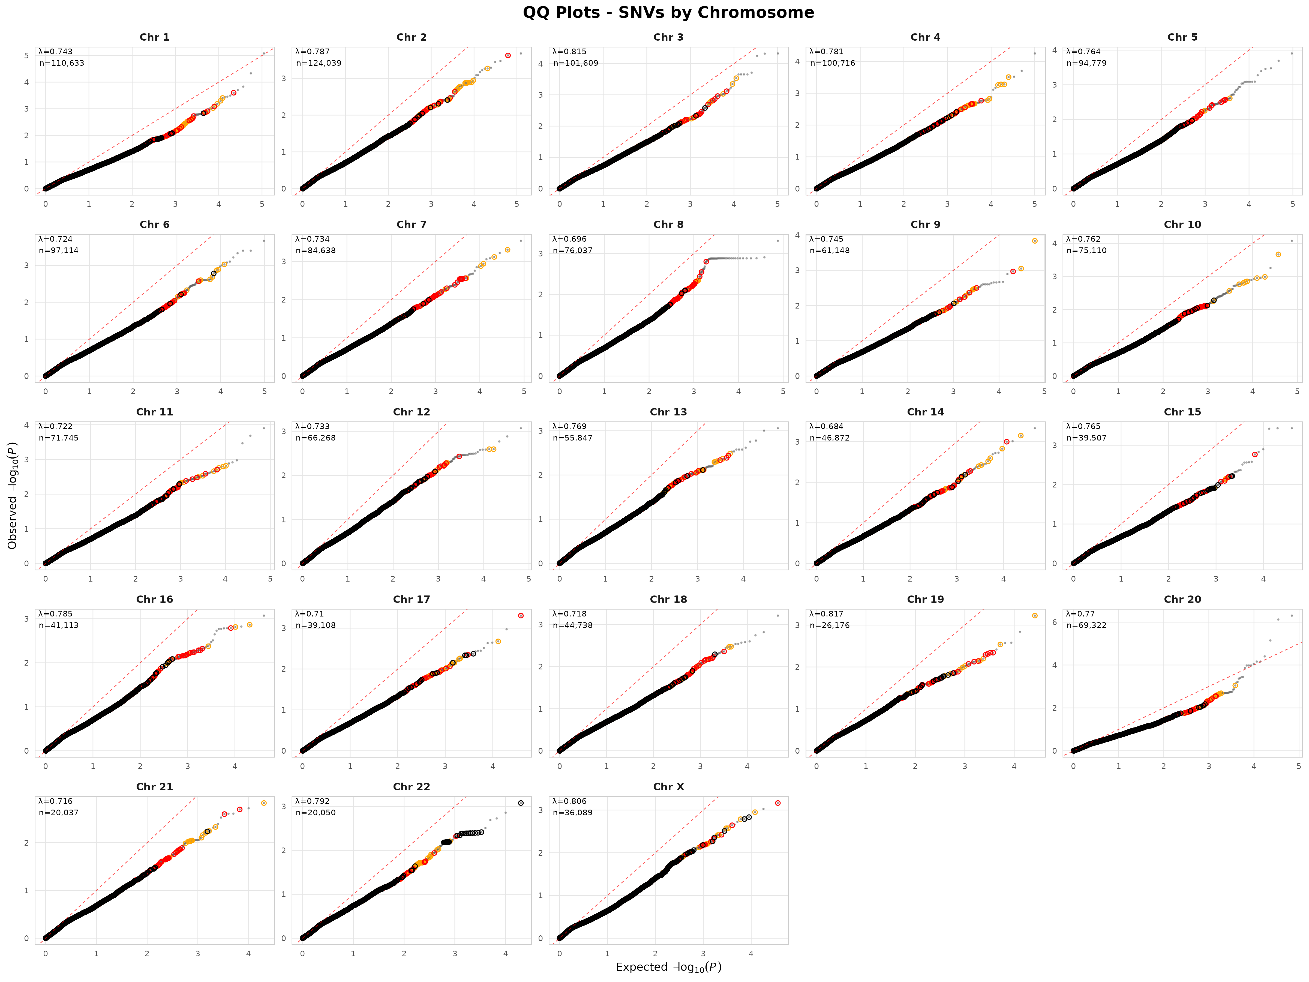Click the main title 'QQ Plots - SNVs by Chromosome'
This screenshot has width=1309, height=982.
pos(668,13)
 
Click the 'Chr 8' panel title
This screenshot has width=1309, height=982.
pos(668,224)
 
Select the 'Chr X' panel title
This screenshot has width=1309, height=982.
pos(668,787)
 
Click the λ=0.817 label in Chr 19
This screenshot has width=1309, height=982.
pos(826,614)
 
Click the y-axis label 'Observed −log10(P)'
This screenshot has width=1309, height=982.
pos(13,495)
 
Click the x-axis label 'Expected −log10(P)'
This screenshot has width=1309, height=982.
pos(668,967)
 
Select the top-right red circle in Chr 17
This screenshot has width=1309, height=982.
pos(521,616)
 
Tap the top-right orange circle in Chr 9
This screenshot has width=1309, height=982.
pos(1034,241)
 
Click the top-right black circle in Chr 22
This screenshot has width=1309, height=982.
pos(521,803)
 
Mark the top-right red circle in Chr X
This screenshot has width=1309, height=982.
pos(777,803)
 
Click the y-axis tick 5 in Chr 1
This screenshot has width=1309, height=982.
pos(26,56)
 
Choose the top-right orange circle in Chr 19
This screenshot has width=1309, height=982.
pos(1034,616)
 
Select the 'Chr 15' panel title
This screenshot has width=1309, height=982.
pos(1182,412)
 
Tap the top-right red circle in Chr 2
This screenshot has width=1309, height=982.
pos(508,56)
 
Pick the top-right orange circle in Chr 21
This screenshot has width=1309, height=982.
pos(264,803)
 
